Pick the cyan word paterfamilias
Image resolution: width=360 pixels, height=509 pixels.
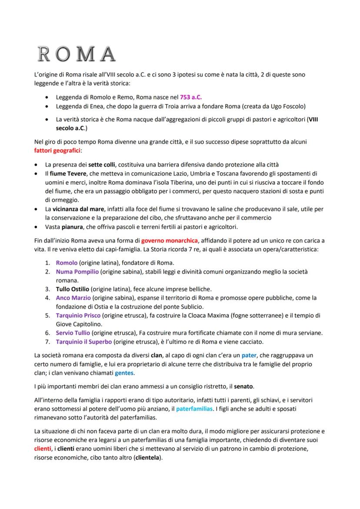(195, 409)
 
